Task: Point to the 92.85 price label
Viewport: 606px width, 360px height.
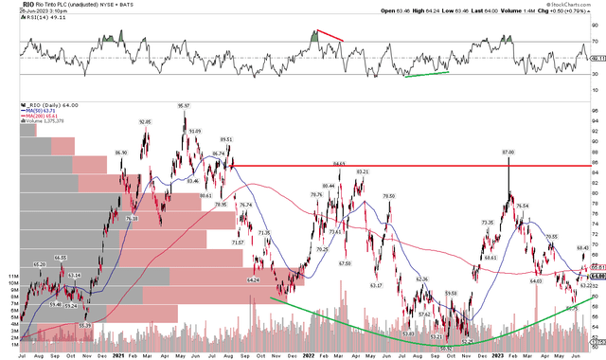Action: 145,122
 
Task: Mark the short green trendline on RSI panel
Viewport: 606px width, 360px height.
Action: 425,73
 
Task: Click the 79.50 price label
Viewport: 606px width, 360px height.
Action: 388,195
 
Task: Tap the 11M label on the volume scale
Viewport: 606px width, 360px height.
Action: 13,276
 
